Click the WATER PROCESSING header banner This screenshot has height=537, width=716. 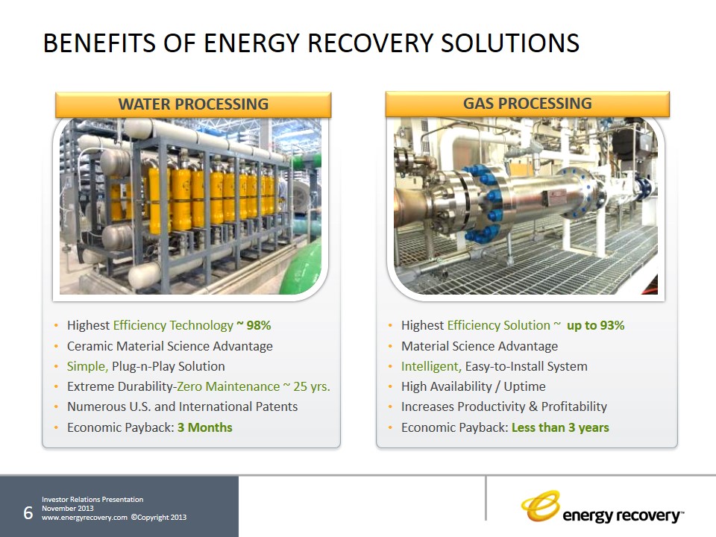[193, 104]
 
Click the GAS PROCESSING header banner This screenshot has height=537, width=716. [527, 104]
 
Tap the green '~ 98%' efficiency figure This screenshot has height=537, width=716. [254, 325]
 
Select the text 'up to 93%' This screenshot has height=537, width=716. [595, 326]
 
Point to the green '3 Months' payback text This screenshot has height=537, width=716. [205, 427]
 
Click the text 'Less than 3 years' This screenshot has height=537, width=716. [560, 427]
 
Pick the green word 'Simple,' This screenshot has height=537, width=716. [88, 367]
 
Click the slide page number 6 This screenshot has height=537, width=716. [28, 513]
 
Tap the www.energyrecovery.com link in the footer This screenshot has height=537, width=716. [84, 518]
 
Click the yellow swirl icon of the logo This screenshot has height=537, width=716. [541, 506]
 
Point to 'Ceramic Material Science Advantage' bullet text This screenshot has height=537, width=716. [170, 346]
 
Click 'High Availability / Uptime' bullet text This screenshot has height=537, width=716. [474, 387]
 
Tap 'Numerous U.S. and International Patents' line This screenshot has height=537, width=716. [182, 407]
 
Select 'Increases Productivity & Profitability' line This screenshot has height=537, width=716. [504, 407]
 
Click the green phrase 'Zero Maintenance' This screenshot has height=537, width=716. [228, 387]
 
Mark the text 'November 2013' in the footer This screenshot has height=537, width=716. [68, 508]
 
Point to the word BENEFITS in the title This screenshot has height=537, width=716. [99, 43]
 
